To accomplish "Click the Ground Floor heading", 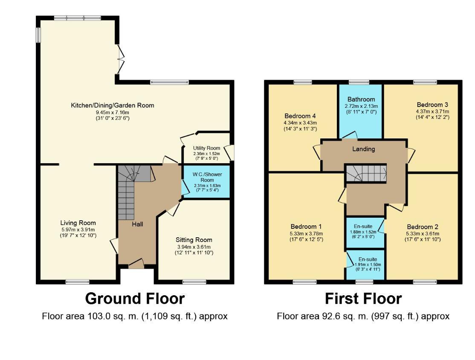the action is click(135, 299).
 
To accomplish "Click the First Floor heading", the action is click(363, 299).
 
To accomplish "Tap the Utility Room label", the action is click(207, 148).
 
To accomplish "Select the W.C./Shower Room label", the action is click(207, 177).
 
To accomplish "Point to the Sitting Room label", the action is click(194, 240).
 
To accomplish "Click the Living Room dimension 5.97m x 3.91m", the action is click(78, 230).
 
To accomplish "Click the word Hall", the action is click(137, 225).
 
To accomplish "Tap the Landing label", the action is click(364, 149).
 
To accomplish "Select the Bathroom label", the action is click(361, 99).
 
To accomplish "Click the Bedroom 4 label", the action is click(300, 116).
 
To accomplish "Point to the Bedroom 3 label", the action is click(432, 105).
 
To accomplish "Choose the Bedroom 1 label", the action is click(306, 227).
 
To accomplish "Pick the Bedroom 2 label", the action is click(422, 227).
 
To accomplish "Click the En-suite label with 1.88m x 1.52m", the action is click(363, 227).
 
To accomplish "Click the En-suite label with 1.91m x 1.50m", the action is click(368, 259).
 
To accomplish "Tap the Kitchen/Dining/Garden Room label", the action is click(113, 105).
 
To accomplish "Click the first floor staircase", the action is click(366, 173).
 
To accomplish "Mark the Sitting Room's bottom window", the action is click(194, 282).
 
